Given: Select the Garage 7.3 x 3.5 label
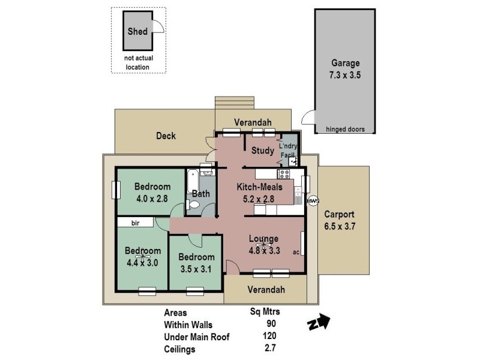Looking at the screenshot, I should coord(345,70).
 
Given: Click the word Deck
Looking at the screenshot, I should coord(166,136).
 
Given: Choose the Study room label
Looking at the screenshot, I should coord(263,151).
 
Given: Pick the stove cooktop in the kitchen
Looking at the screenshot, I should coord(283,175).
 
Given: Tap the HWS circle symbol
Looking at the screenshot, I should coord(312,200).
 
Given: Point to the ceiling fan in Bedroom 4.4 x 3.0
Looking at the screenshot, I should coord(143,257).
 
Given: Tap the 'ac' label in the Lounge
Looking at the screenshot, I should coord(296,252).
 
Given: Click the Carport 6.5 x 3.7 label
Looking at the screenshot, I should coord(340,220).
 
